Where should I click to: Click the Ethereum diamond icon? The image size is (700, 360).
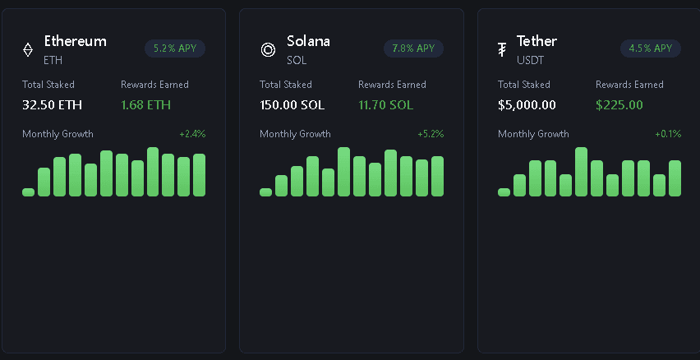point(28,50)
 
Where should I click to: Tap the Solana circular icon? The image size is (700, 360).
point(268,50)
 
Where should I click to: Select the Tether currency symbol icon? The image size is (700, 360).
point(502,50)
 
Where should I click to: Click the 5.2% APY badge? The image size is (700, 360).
point(175,48)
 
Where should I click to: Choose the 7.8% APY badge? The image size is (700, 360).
point(413,48)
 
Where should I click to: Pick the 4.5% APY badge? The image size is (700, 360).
point(651,48)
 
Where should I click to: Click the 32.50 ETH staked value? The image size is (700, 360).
point(53,104)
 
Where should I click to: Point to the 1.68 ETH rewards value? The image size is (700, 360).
point(145,104)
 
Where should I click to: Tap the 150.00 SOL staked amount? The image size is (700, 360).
point(293,104)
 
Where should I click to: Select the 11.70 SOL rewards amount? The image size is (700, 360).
point(385,104)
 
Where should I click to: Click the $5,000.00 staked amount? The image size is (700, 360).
point(527,104)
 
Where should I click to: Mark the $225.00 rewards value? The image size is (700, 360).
point(619,104)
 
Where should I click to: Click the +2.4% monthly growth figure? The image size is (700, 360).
point(192,134)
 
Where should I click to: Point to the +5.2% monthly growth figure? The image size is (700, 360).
point(431,134)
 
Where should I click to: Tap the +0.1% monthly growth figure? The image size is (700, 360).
point(668,134)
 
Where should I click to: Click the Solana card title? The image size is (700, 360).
point(308,41)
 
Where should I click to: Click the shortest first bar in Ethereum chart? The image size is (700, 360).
point(29,192)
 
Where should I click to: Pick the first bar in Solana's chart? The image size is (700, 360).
point(265,192)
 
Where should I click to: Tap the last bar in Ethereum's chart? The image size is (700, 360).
point(199,175)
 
